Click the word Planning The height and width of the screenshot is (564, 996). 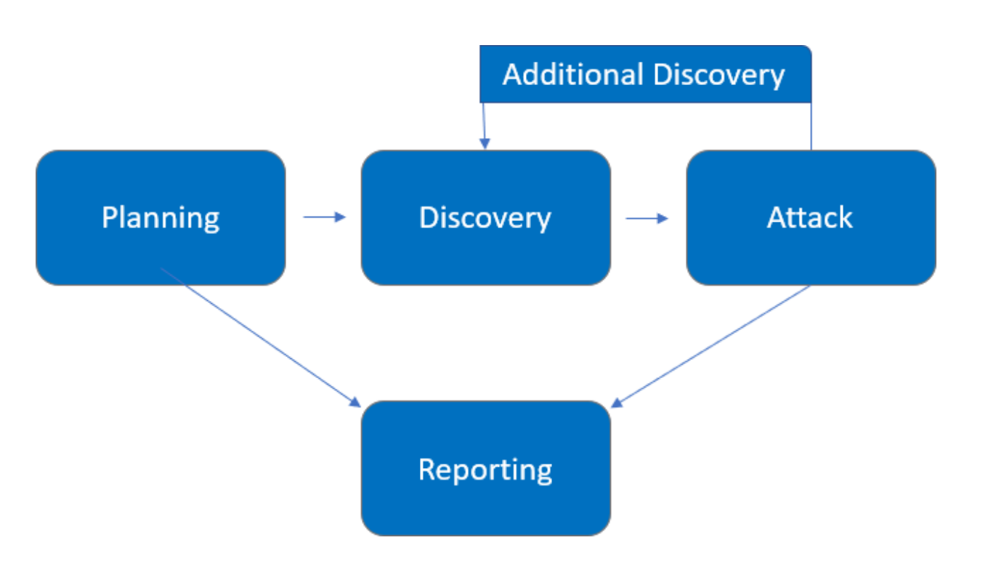161,218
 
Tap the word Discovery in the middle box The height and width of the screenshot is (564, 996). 485,218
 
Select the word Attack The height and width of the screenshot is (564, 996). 809,218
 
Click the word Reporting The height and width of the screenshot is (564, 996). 485,470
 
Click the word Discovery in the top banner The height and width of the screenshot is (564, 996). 718,75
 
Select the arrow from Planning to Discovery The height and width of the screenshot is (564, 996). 324,217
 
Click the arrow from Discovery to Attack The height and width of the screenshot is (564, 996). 647,217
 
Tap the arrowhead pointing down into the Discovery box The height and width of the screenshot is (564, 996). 485,144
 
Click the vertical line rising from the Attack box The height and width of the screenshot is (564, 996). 811,126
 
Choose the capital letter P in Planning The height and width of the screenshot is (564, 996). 109,217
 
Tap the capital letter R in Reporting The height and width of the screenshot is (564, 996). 427,470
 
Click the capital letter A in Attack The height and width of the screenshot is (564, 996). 777,217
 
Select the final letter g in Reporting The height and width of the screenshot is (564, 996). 544,474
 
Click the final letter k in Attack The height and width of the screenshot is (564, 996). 845,217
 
